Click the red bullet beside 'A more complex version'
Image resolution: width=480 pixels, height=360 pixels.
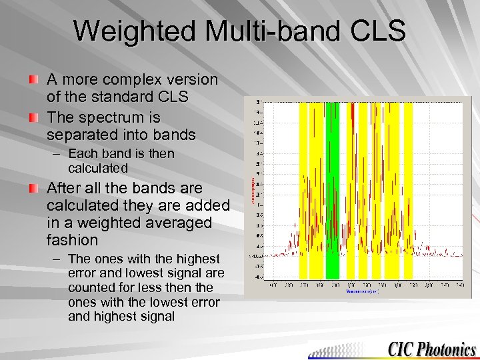pyautogui.click(x=33, y=80)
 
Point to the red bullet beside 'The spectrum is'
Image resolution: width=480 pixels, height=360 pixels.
pyautogui.click(x=33, y=118)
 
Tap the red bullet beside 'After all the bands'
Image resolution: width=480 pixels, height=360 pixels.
pyautogui.click(x=33, y=189)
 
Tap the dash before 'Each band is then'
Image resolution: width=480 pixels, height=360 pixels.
pyautogui.click(x=56, y=154)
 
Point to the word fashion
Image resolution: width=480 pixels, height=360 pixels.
pyautogui.click(x=72, y=240)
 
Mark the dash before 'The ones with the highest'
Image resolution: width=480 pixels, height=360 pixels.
pyautogui.click(x=56, y=259)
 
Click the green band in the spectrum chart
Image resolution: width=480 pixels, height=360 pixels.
pyautogui.click(x=332, y=190)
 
